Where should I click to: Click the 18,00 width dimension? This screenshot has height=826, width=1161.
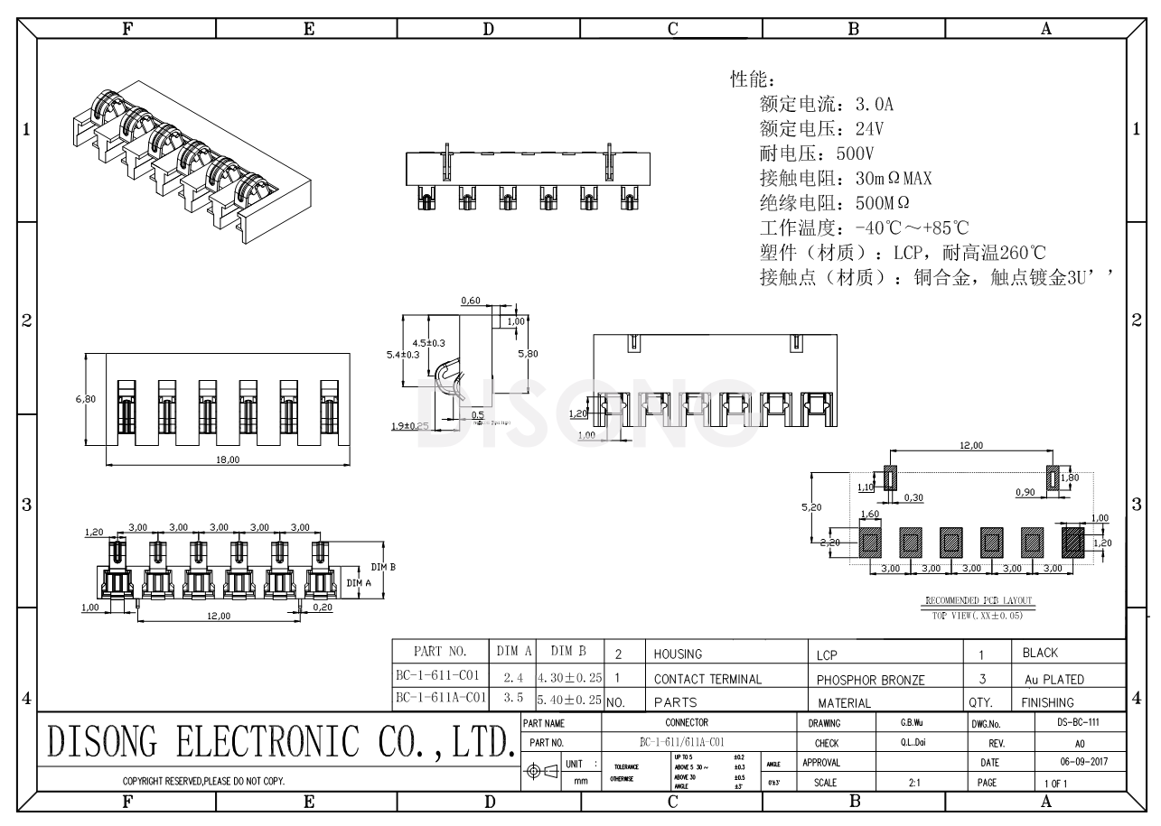(228, 459)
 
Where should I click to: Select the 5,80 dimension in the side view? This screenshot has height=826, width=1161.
(528, 354)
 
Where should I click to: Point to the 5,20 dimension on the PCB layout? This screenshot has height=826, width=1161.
(810, 507)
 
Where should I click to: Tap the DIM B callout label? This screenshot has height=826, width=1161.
(383, 567)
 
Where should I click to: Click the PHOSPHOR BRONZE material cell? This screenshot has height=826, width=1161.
(870, 680)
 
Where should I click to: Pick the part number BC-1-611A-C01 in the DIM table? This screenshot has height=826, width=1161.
(441, 697)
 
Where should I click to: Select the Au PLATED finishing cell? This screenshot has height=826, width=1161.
(1053, 680)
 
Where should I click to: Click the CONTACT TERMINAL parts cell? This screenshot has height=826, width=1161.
(707, 679)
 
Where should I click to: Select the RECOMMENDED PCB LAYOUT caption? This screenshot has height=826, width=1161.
(978, 601)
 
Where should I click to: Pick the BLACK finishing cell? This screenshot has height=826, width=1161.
(1040, 653)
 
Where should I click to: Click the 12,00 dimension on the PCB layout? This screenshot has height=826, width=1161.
(970, 445)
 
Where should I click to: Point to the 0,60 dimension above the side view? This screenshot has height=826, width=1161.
(470, 300)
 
